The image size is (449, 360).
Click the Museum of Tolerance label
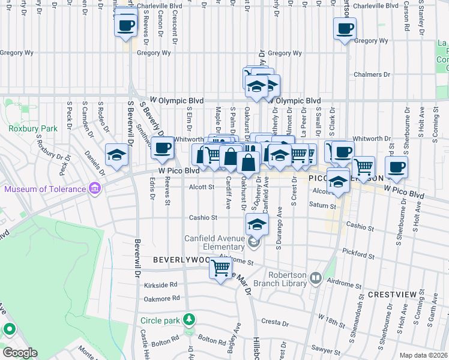coord(45,190)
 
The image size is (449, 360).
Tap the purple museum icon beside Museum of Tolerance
coord(94,190)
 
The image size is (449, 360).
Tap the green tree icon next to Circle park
coord(189,318)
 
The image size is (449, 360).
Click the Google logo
coord(20,352)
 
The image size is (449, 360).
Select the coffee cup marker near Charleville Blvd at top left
coord(125,26)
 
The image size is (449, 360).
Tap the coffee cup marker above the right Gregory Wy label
coord(345,28)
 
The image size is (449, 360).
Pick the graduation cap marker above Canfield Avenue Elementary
coord(257,224)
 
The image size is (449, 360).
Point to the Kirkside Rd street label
coord(161,285)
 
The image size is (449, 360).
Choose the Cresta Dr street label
coord(278,322)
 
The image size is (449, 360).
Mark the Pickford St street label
coord(358,254)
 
